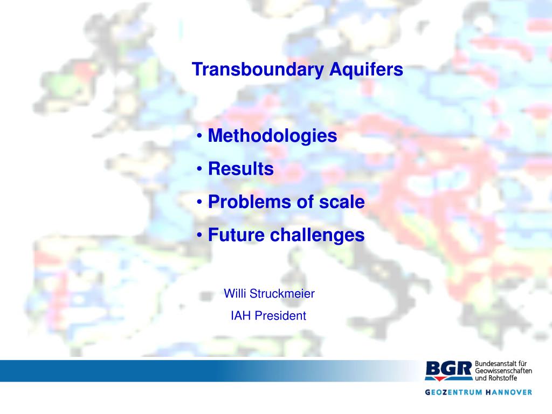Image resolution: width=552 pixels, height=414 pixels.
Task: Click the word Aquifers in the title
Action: pos(367,70)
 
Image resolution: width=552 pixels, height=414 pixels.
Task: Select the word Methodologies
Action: pos(272,136)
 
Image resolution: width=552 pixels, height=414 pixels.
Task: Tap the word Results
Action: pos(241,169)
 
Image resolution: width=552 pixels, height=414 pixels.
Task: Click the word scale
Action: pos(342,202)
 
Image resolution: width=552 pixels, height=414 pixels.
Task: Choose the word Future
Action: pos(236,235)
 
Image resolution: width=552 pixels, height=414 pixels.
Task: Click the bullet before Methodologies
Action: pos(199,136)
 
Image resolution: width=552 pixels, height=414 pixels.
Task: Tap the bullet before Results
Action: pos(199,169)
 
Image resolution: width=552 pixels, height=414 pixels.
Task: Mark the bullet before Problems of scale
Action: pos(199,202)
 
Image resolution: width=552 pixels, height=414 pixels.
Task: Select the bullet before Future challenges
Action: pos(199,235)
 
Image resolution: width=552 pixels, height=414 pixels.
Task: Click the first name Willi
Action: pos(235,294)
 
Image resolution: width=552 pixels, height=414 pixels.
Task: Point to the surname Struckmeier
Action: pos(282,294)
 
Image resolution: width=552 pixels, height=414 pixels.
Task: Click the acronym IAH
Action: pos(241,316)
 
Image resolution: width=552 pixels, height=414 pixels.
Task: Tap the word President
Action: pos(280,316)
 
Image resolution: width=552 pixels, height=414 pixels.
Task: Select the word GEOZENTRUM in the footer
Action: pos(454,392)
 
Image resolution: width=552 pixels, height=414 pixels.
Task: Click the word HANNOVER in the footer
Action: pos(509,392)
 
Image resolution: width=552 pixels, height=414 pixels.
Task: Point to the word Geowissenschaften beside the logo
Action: pos(503,371)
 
